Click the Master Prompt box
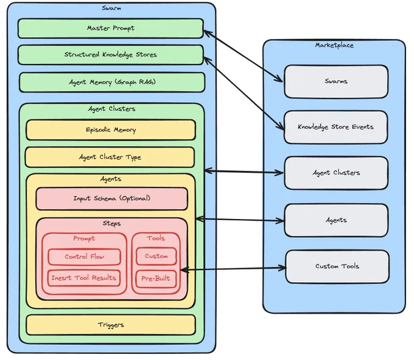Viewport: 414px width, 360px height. (111, 28)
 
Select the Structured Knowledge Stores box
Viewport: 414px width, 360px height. (111, 55)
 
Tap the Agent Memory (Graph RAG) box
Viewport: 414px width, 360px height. (112, 82)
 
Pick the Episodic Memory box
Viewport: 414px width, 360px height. (111, 130)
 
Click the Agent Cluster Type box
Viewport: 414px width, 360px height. (110, 157)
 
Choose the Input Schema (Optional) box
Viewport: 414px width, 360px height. (112, 199)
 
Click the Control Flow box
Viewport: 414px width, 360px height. (85, 257)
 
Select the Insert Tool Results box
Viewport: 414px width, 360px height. (84, 278)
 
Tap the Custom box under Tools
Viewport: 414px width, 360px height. (156, 256)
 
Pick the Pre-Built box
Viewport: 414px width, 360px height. (156, 279)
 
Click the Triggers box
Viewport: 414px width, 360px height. (111, 325)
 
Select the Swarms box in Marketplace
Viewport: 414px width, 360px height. (336, 81)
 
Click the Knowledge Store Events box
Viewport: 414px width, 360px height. (336, 127)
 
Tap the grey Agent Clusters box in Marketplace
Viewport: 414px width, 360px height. (336, 173)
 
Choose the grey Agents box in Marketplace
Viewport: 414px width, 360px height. (336, 220)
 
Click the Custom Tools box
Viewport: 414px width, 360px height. (337, 266)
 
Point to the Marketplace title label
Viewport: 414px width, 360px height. (334, 45)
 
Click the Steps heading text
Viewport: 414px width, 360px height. (111, 223)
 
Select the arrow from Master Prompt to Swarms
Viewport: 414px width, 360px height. (243, 56)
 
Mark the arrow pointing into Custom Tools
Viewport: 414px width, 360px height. (233, 269)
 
